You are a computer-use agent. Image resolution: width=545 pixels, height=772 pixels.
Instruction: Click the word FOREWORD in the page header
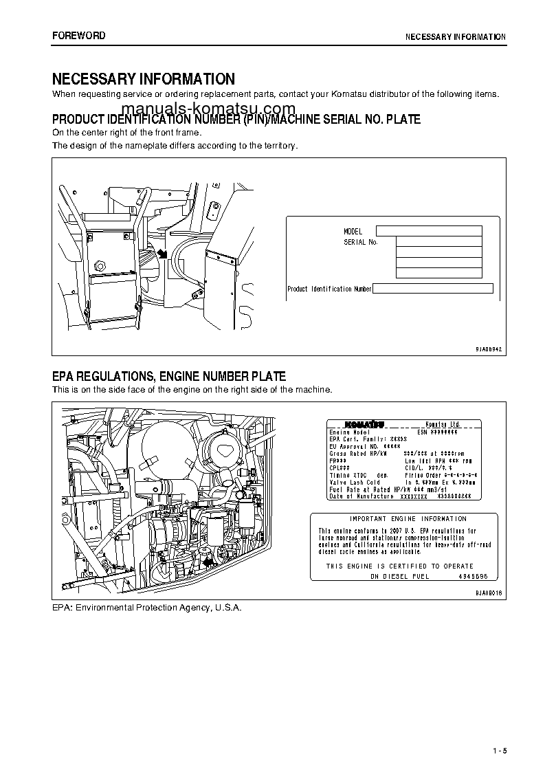point(79,36)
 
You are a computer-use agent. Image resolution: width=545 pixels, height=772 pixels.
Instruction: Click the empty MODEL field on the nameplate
point(429,231)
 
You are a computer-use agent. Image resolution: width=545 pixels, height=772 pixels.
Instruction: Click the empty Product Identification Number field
point(433,289)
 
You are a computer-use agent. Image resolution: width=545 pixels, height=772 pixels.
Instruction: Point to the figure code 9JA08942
point(489,349)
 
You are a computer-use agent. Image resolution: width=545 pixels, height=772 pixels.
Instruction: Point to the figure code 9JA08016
point(489,592)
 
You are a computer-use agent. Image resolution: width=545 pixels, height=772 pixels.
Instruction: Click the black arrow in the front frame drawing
point(163,254)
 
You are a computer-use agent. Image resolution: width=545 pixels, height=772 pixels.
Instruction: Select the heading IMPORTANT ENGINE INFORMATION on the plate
point(408,519)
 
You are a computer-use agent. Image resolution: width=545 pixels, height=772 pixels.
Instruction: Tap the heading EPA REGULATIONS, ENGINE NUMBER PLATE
point(169,377)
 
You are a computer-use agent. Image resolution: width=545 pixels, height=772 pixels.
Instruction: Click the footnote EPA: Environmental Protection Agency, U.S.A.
point(147,608)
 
